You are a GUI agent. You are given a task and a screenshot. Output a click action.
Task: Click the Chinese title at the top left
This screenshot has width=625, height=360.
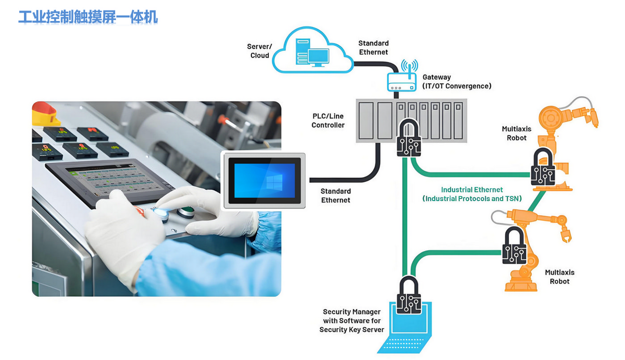88,17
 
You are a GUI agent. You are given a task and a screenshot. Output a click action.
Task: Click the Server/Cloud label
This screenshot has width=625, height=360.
259,51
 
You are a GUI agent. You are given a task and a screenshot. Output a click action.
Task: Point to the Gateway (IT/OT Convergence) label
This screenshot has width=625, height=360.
457,82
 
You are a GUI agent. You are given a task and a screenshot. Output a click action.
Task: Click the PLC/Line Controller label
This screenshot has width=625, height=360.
328,121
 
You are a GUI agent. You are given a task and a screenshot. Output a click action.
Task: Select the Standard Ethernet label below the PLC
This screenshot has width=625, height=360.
336,196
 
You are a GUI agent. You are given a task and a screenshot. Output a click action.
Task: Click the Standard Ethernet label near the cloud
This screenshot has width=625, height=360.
373,48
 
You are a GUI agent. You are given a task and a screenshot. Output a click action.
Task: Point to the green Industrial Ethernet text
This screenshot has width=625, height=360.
472,194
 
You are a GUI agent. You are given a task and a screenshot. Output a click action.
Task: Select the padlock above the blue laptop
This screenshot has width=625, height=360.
408,296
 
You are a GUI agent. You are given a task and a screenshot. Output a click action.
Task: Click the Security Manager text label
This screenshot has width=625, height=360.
352,321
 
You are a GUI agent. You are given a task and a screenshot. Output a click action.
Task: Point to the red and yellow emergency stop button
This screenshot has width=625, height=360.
45,114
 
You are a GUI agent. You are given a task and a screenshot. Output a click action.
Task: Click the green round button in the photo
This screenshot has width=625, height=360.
186,211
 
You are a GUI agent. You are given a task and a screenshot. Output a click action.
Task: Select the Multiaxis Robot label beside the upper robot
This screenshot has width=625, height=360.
517,134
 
